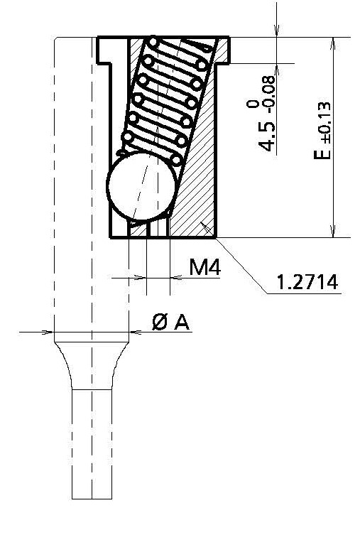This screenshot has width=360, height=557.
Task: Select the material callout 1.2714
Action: pyautogui.click(x=307, y=282)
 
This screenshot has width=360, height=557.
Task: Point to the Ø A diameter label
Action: pyautogui.click(x=171, y=323)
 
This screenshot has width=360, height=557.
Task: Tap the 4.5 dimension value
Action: pyautogui.click(x=268, y=136)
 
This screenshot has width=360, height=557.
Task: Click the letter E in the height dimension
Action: pyautogui.click(x=324, y=152)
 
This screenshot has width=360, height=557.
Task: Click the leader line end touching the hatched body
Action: pyautogui.click(x=204, y=225)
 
